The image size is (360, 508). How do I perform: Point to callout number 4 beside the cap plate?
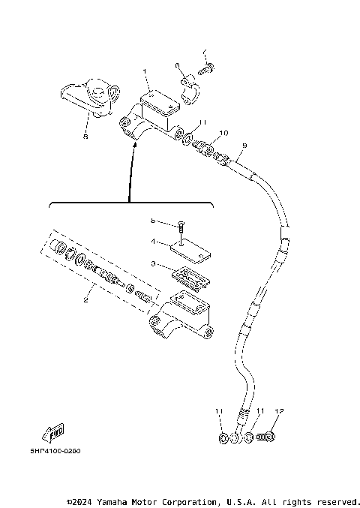point(152,242)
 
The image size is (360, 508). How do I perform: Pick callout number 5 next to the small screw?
point(152,221)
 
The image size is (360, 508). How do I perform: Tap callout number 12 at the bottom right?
point(279,411)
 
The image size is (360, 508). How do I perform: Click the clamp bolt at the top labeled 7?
point(205,70)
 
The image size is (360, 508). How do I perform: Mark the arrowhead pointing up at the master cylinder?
point(133,148)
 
